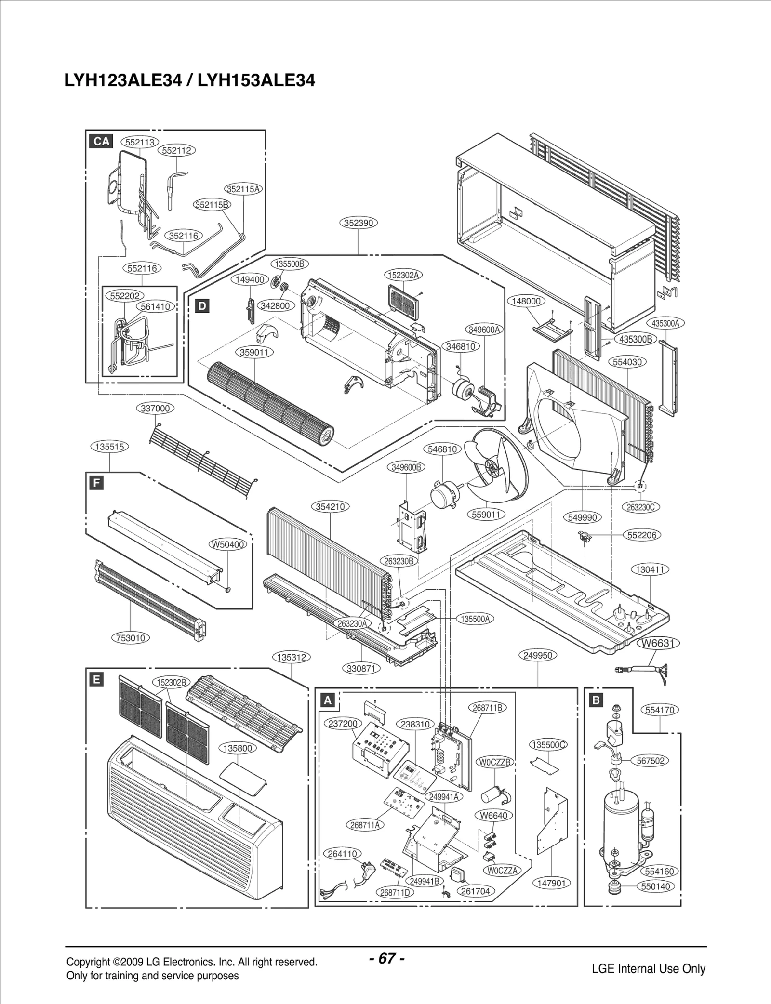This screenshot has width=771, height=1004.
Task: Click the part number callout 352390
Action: pyautogui.click(x=359, y=223)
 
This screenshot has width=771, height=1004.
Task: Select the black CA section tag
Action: pyautogui.click(x=102, y=141)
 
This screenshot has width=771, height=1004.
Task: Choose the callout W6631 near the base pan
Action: pyautogui.click(x=658, y=643)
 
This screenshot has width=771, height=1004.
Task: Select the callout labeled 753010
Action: pyautogui.click(x=131, y=638)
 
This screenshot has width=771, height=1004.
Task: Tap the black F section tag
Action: pyautogui.click(x=97, y=483)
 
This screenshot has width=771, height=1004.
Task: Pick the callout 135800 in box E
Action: pyautogui.click(x=238, y=748)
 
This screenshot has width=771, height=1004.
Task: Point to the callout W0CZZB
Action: pyautogui.click(x=495, y=762)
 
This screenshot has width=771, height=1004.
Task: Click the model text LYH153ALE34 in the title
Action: pyautogui.click(x=256, y=80)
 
